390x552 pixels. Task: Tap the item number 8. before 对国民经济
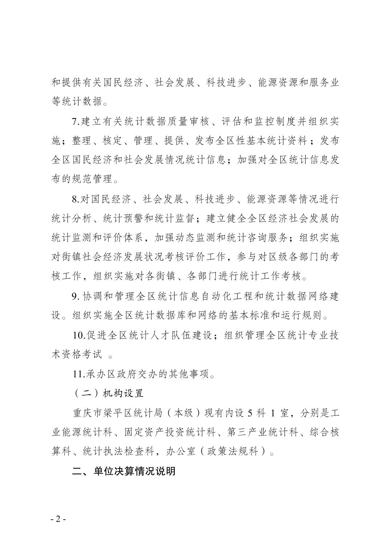point(76,199)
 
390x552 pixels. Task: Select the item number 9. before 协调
point(76,296)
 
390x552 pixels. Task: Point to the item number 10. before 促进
point(79,335)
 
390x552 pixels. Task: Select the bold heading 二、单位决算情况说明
point(124,471)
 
